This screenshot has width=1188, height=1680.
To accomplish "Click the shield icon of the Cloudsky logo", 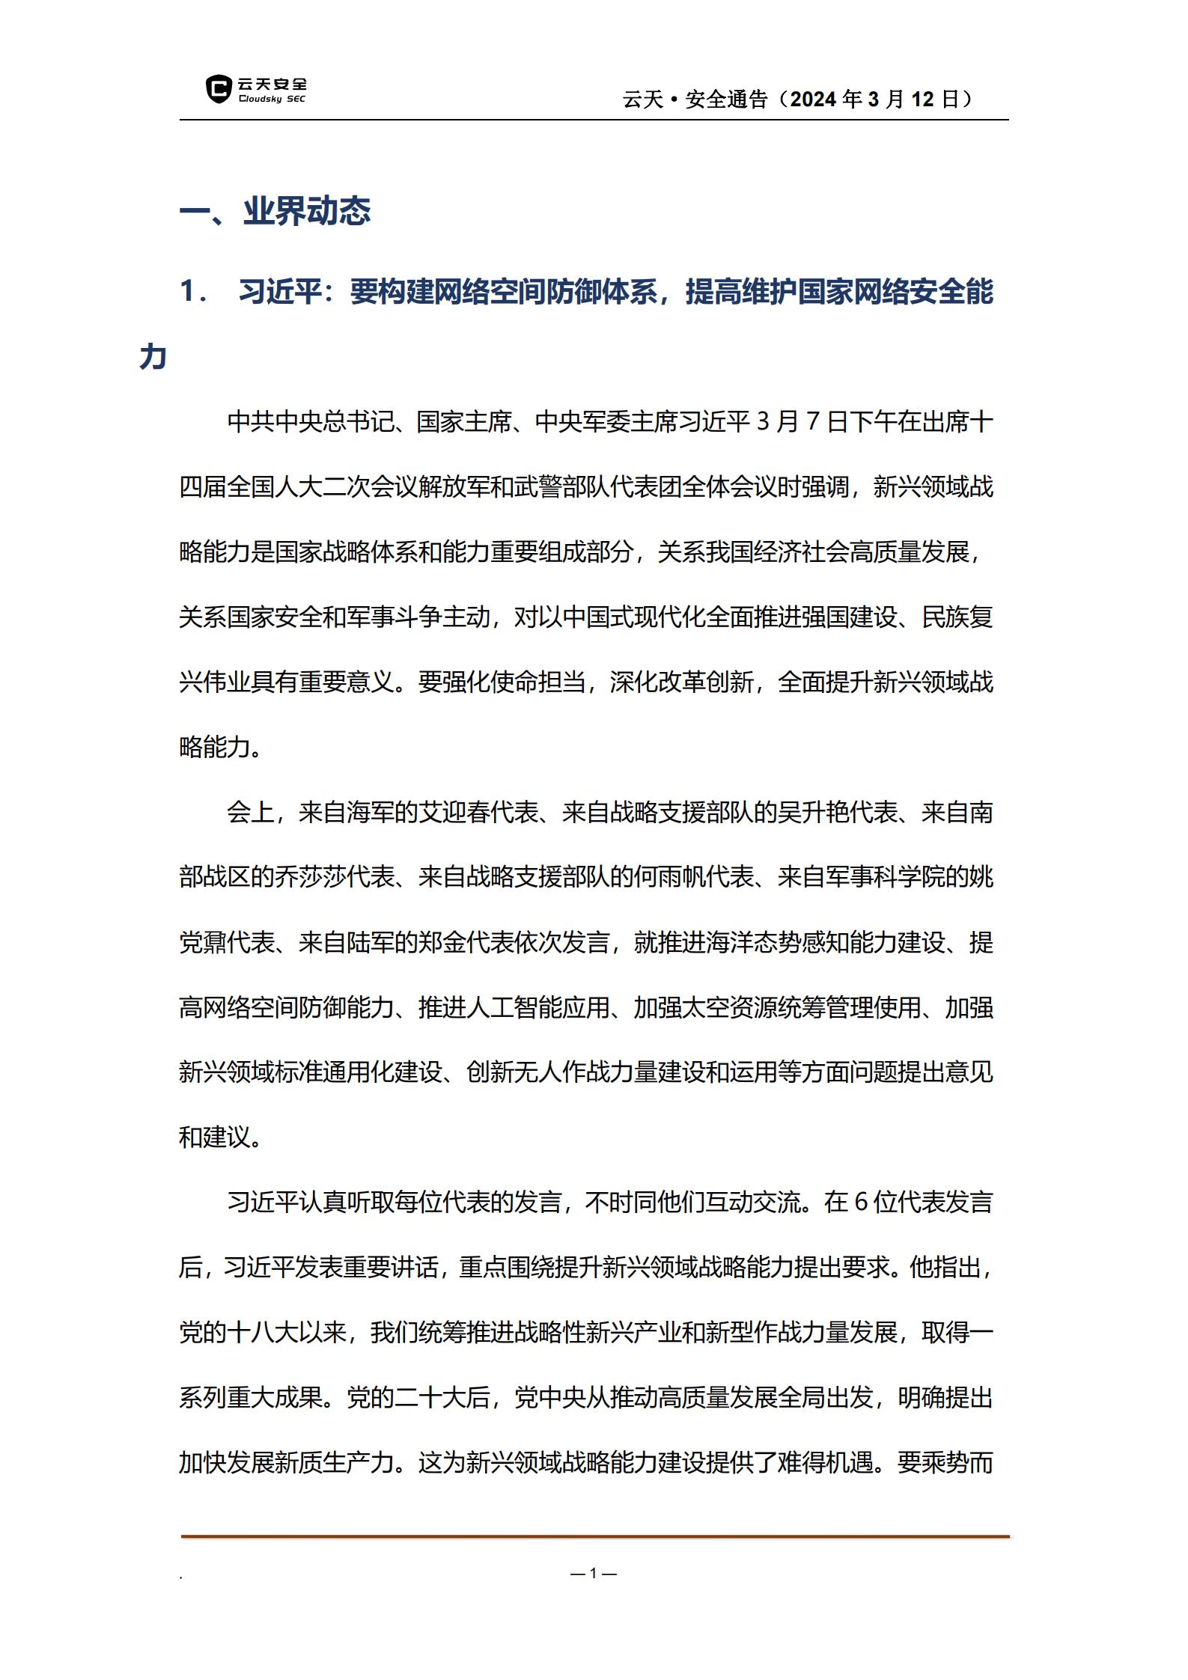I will coord(218,88).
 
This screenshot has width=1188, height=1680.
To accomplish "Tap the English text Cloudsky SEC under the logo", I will coord(272,100).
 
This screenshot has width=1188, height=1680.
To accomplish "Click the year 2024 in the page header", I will coord(814,99).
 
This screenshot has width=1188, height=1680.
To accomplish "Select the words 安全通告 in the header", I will coord(726,99).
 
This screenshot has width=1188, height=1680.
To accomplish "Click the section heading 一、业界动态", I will coord(275,212).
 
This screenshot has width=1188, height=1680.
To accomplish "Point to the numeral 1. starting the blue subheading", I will coord(194,292).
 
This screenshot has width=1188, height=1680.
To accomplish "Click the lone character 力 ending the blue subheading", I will coord(153,357).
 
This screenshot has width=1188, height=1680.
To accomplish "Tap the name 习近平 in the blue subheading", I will coord(280,292).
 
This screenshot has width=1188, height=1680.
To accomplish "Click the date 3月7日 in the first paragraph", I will coord(802,422).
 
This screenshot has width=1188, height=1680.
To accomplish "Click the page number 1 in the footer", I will coord(593,1574).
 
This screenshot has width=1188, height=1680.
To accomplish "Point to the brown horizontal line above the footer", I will coord(594,1537).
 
